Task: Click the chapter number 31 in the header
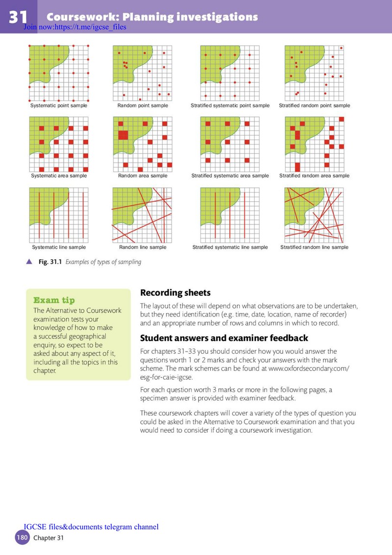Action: [18, 17]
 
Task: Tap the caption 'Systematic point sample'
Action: [59, 106]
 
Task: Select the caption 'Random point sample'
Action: [143, 106]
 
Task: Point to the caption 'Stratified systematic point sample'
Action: [230, 106]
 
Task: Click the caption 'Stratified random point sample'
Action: [315, 106]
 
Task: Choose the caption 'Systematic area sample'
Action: [59, 176]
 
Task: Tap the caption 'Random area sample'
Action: [143, 176]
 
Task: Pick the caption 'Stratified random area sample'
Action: [314, 176]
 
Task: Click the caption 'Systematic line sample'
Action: [59, 247]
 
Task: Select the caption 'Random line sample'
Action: [143, 247]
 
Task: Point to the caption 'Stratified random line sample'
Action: [314, 247]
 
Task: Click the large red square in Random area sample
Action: [123, 135]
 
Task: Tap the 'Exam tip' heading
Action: [54, 300]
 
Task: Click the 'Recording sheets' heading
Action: [175, 293]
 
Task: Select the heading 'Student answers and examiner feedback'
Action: [224, 338]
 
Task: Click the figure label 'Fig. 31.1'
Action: [50, 262]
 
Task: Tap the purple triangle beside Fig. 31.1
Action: [29, 262]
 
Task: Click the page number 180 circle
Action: [22, 538]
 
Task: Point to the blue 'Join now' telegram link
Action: [75, 27]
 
